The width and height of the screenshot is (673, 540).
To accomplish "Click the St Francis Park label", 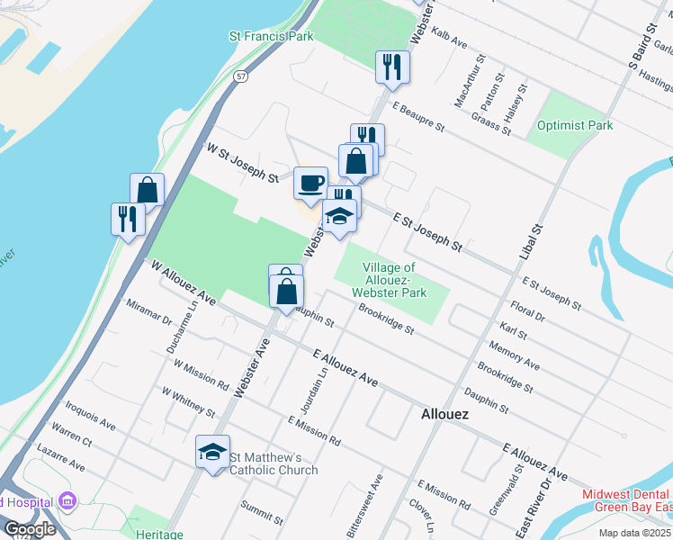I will click(x=271, y=37).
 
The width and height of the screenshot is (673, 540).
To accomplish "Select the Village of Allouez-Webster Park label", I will click(x=390, y=281).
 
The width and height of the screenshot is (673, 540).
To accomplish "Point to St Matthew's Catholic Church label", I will click(x=274, y=463).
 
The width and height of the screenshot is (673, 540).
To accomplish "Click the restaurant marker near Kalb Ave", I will click(x=392, y=67).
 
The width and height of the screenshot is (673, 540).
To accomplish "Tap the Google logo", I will click(x=30, y=528).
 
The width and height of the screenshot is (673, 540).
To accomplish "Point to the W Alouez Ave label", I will click(x=184, y=282).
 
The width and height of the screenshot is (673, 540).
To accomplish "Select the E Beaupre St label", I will click(x=418, y=119).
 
